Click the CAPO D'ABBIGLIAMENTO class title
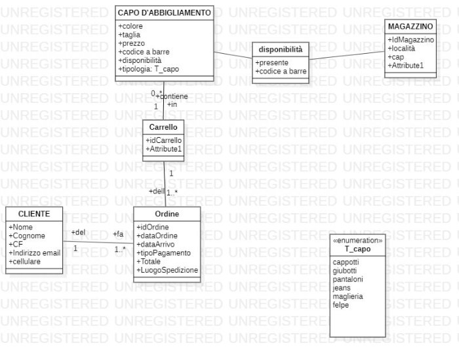pos(164,12)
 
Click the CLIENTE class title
pos(34,214)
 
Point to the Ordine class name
pos(167,214)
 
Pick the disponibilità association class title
pos(281,49)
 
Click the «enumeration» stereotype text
pos(358,241)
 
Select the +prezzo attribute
pos(131,43)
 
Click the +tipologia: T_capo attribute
pos(148,69)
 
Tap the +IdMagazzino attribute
pos(410,40)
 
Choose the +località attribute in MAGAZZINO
pos(403,49)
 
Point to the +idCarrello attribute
pos(164,140)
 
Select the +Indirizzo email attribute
pos(34,252)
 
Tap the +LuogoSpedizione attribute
pos(167,270)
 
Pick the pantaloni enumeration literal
pos(348,279)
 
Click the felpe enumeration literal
pos(341,305)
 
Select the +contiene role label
pos(174,96)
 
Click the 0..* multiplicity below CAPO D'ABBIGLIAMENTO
pos(157,93)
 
